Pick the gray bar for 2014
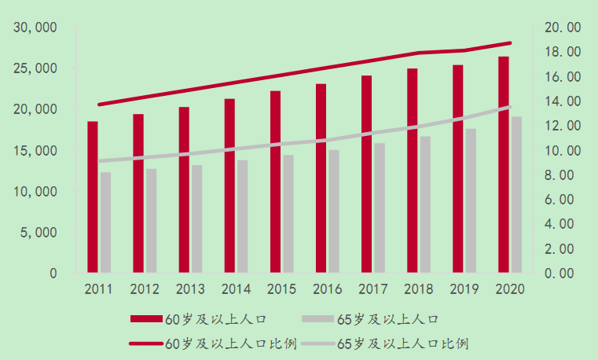point(243,216)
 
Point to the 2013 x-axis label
point(190,288)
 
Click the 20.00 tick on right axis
point(562,28)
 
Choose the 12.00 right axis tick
point(562,126)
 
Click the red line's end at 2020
point(510,43)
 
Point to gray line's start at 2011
point(99,161)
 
